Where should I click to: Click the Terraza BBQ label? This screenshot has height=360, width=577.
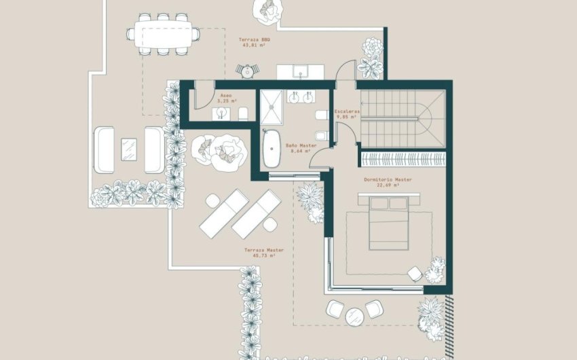255,40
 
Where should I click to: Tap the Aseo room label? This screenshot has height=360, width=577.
226,96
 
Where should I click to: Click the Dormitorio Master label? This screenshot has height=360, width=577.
388,179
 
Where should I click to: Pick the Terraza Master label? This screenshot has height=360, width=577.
264,250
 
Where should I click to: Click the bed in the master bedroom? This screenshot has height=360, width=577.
388,221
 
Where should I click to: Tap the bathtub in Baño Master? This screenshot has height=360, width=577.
272,149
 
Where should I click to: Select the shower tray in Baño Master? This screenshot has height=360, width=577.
274,105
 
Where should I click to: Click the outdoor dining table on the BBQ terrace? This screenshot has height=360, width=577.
163,34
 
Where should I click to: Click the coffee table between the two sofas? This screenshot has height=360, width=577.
129,149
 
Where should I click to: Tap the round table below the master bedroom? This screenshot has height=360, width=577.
354,317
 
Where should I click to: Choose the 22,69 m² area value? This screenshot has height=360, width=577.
388,186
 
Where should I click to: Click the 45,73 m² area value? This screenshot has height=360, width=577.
264,256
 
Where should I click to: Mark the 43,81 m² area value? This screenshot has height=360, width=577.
255,46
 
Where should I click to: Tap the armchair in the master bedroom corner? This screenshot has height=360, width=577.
415,272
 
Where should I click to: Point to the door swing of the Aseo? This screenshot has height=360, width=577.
202,99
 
